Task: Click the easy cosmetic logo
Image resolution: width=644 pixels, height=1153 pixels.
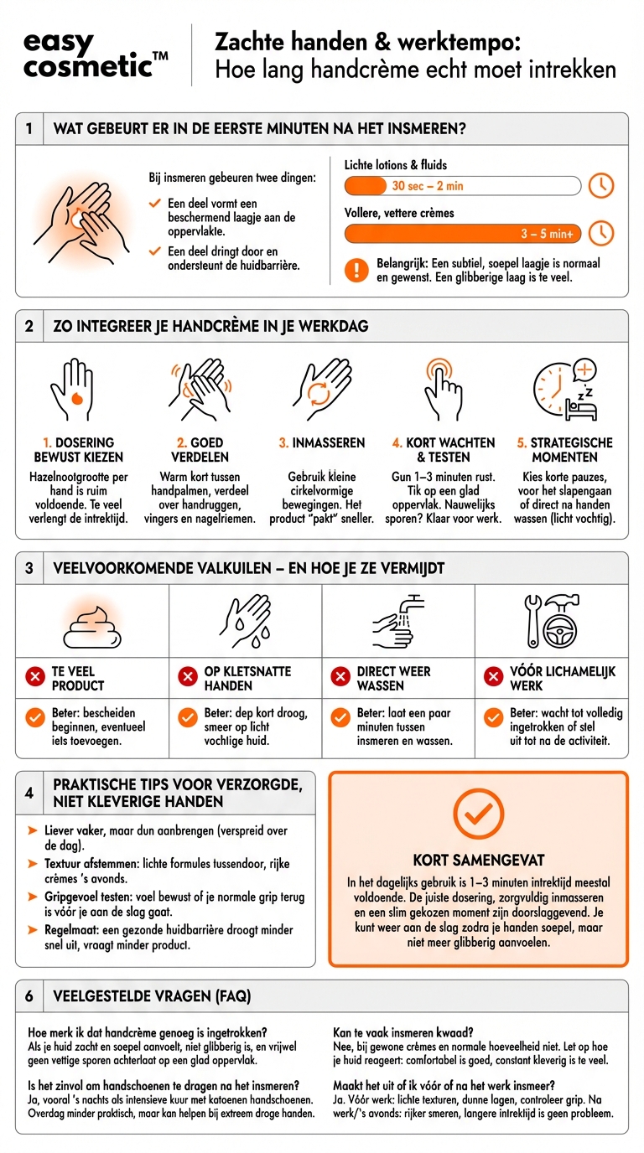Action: coord(96,55)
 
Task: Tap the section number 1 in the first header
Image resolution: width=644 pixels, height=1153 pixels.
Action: coord(29,128)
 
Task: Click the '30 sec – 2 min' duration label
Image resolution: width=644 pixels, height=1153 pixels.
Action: coord(428,186)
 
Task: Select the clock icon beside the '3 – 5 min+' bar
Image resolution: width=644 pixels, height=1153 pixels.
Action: coord(601,233)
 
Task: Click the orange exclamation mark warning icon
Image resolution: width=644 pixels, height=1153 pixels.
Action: coord(356,270)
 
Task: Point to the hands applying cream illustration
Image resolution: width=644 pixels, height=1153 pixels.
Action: coord(80,224)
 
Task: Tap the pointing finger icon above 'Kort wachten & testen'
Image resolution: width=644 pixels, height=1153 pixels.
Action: coord(443,389)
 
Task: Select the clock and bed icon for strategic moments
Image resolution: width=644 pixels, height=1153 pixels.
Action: coord(565,389)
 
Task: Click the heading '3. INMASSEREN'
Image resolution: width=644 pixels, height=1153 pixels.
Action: coord(322,442)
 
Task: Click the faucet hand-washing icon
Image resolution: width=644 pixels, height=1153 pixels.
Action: coord(397,621)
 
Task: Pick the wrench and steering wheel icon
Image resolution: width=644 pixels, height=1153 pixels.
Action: coord(551,621)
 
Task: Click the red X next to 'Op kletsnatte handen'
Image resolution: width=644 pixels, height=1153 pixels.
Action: coord(188,676)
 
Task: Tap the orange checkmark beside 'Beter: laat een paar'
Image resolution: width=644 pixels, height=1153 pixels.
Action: coord(340,717)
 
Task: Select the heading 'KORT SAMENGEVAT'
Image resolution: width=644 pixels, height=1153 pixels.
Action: coord(479,860)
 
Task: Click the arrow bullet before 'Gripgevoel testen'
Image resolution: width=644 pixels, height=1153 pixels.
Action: coord(33,897)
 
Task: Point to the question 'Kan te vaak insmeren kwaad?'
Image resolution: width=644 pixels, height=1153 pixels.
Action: coord(403,1032)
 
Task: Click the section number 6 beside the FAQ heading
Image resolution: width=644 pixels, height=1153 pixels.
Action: coord(29,996)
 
